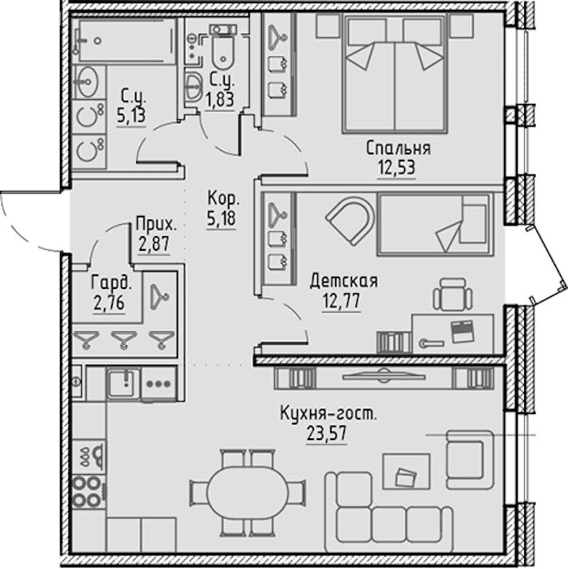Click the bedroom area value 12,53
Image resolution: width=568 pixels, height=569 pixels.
(x=397, y=168)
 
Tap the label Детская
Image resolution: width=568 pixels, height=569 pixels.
(x=343, y=281)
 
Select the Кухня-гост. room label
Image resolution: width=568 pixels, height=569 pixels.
(x=329, y=414)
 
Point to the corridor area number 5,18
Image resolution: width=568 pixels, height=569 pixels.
(x=222, y=218)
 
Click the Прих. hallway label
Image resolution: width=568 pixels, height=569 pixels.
(x=156, y=225)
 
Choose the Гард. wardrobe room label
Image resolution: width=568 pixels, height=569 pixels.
(x=111, y=283)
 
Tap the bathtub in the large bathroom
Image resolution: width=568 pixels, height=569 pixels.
(x=125, y=41)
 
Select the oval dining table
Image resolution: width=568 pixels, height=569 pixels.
(x=247, y=492)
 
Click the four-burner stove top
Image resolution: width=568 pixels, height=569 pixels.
(x=87, y=491)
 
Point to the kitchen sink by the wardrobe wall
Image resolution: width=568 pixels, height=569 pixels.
(x=123, y=382)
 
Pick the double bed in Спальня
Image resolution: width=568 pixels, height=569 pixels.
(x=395, y=74)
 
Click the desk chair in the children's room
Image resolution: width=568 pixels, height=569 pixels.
(x=453, y=295)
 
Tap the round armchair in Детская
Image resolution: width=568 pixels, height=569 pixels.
(x=351, y=220)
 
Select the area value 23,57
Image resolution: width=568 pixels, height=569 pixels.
(x=327, y=433)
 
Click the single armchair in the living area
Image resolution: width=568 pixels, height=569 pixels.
(x=470, y=459)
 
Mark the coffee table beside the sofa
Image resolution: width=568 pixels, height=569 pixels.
(x=407, y=471)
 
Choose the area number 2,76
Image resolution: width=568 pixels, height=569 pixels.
(x=110, y=303)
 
